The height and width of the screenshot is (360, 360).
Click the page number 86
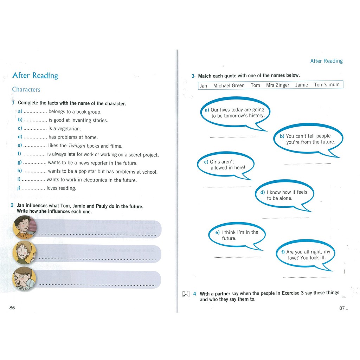pos(12,308)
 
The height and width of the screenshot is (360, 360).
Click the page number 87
pos(342,308)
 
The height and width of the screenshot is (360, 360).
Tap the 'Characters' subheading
pos(26,89)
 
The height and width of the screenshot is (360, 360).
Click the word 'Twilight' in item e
pos(77,146)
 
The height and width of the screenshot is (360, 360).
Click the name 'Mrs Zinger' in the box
pos(277,85)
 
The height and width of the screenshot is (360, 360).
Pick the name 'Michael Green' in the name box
pos(229,85)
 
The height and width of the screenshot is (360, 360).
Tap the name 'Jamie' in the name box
pos(301,85)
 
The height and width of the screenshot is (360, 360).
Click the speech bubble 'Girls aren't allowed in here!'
pos(225,165)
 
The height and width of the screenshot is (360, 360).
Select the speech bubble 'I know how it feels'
pos(284,195)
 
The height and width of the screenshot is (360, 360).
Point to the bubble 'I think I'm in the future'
pos(237,235)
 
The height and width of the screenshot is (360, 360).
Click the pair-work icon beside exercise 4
pos(186,294)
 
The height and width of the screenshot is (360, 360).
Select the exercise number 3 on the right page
pos(193,76)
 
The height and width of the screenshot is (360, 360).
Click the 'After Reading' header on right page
pos(326,61)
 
